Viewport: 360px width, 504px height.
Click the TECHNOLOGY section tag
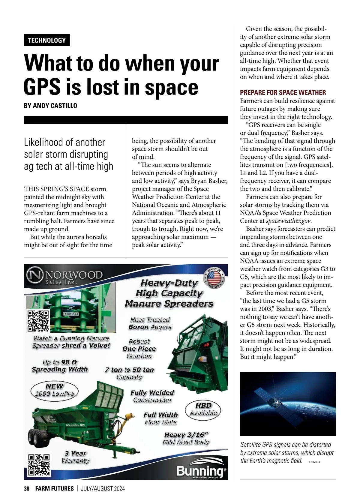(47, 40)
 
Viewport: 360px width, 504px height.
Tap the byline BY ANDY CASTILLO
(50, 106)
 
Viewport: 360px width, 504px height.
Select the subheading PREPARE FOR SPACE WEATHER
(283, 92)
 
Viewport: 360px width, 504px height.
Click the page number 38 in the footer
(27, 488)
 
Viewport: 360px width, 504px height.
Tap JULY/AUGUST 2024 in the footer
(103, 488)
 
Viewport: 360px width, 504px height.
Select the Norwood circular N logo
(35, 275)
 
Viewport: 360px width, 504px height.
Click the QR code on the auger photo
(38, 321)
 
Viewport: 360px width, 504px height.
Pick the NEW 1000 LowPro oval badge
(54, 390)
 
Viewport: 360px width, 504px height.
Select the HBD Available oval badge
(203, 409)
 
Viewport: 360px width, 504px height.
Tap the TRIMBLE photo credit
(315, 462)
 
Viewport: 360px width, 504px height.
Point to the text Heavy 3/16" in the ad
(186, 435)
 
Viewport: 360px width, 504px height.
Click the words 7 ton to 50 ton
(130, 370)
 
